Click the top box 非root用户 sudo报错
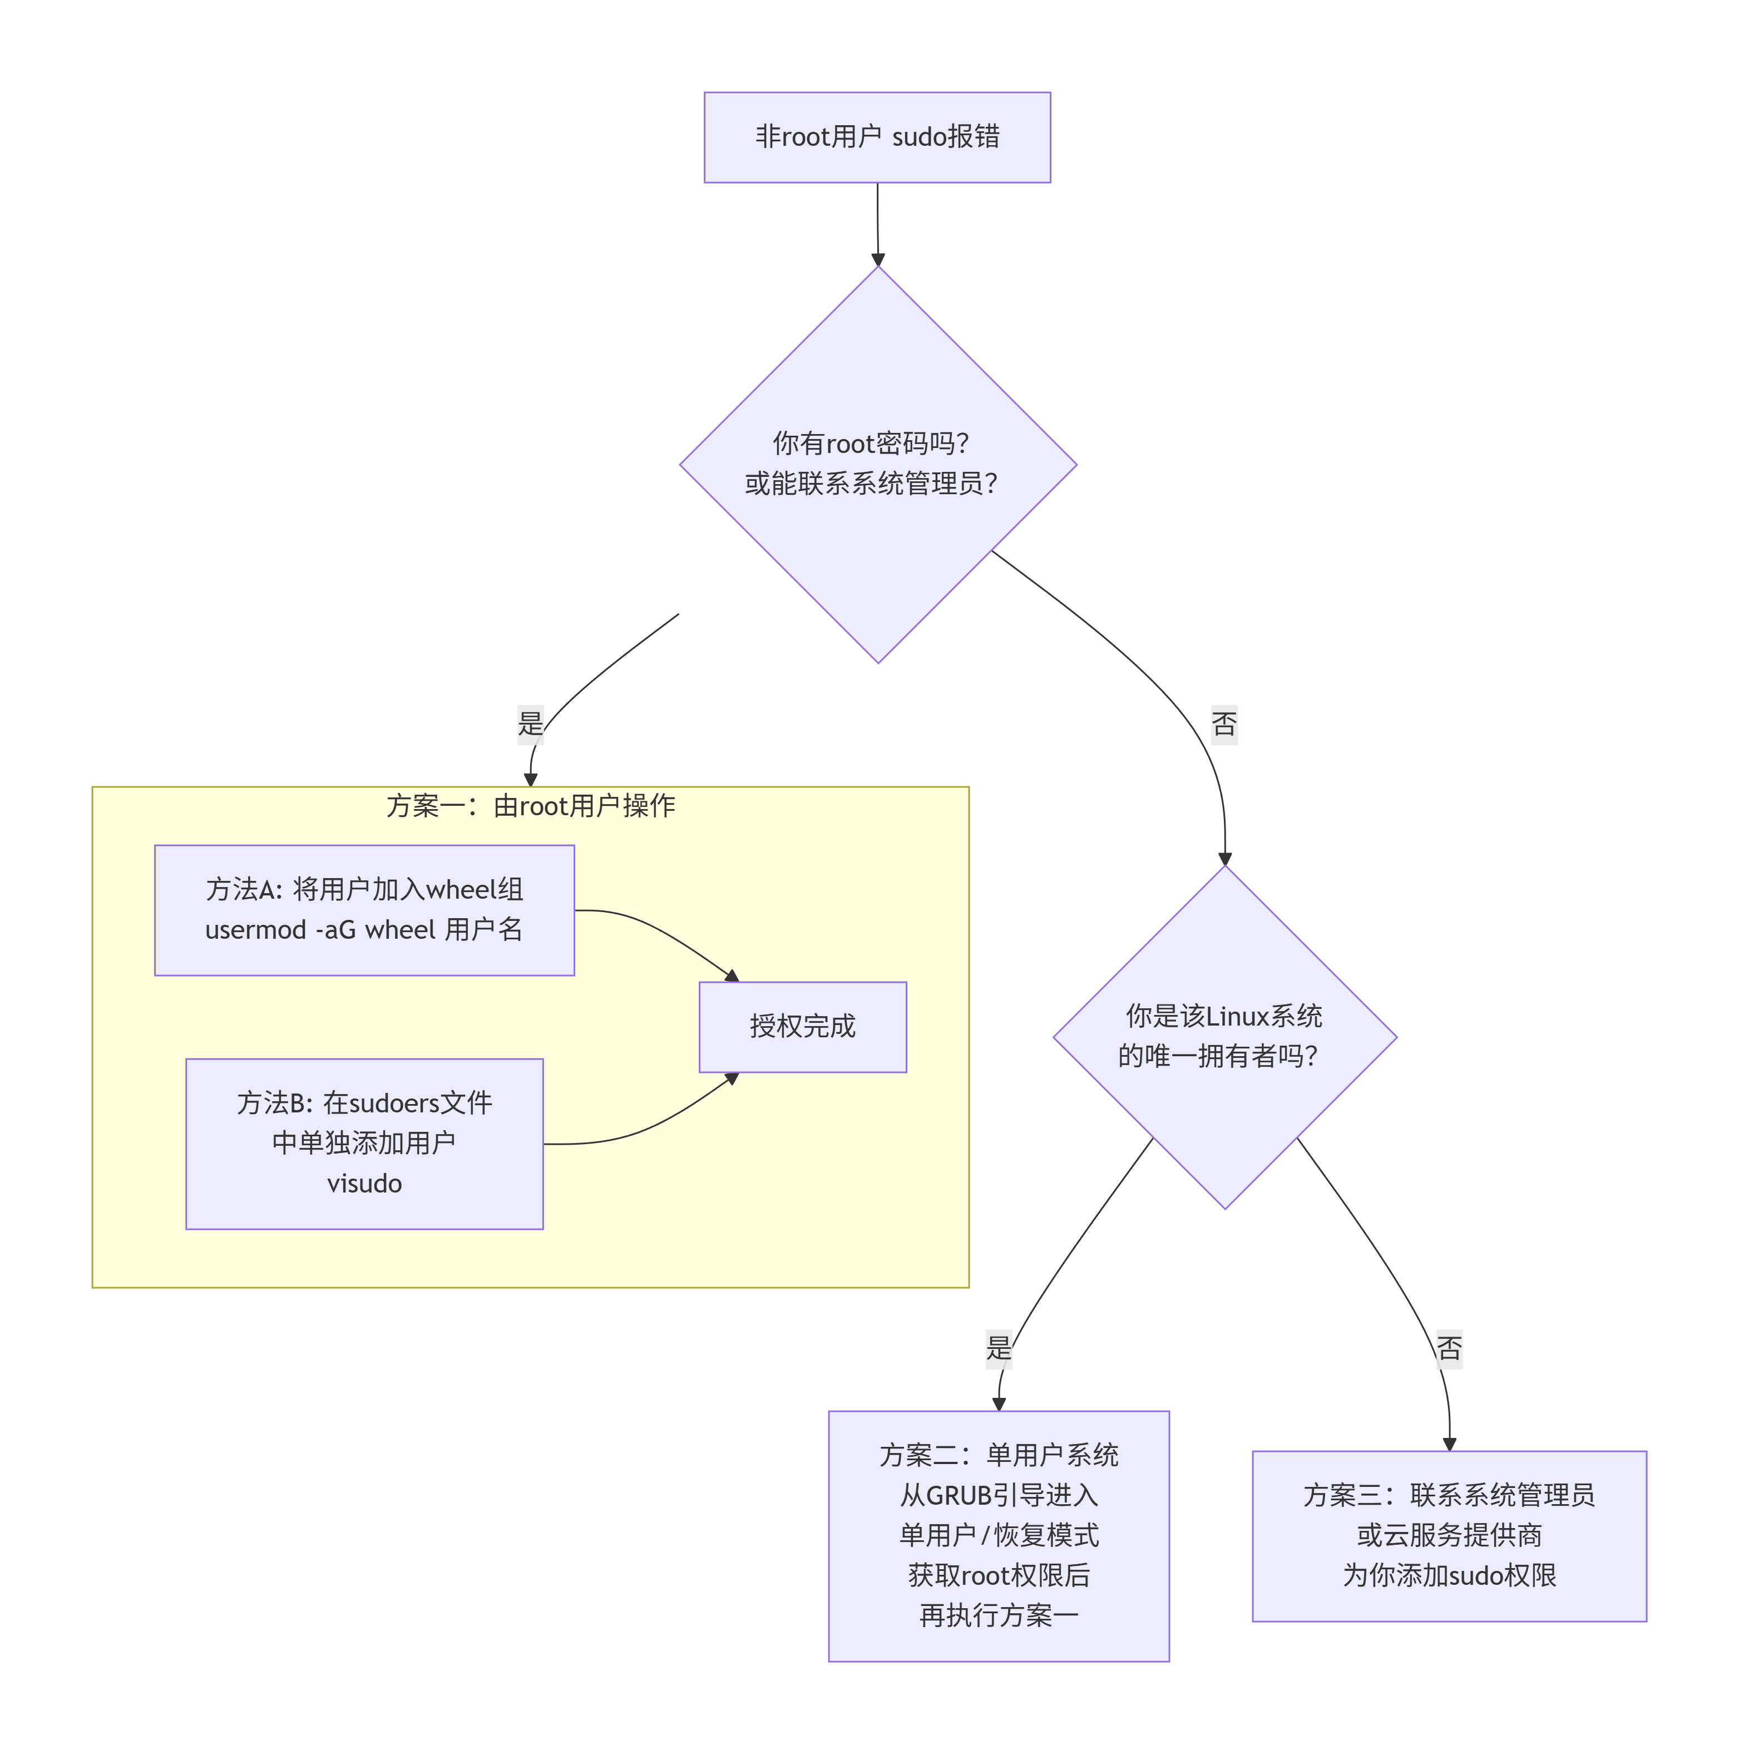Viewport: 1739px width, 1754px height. click(877, 137)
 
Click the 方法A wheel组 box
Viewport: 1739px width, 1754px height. click(364, 910)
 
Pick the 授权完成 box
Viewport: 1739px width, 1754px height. click(802, 1026)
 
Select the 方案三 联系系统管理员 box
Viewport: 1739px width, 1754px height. click(1449, 1535)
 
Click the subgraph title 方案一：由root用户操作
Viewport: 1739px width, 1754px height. click(530, 805)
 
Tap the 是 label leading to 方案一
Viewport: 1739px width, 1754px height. click(530, 723)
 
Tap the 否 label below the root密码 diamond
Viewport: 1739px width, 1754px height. click(1223, 723)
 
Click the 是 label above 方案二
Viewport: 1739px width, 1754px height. click(999, 1347)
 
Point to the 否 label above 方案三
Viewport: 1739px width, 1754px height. click(1449, 1347)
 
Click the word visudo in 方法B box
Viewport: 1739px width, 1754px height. click(364, 1183)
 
